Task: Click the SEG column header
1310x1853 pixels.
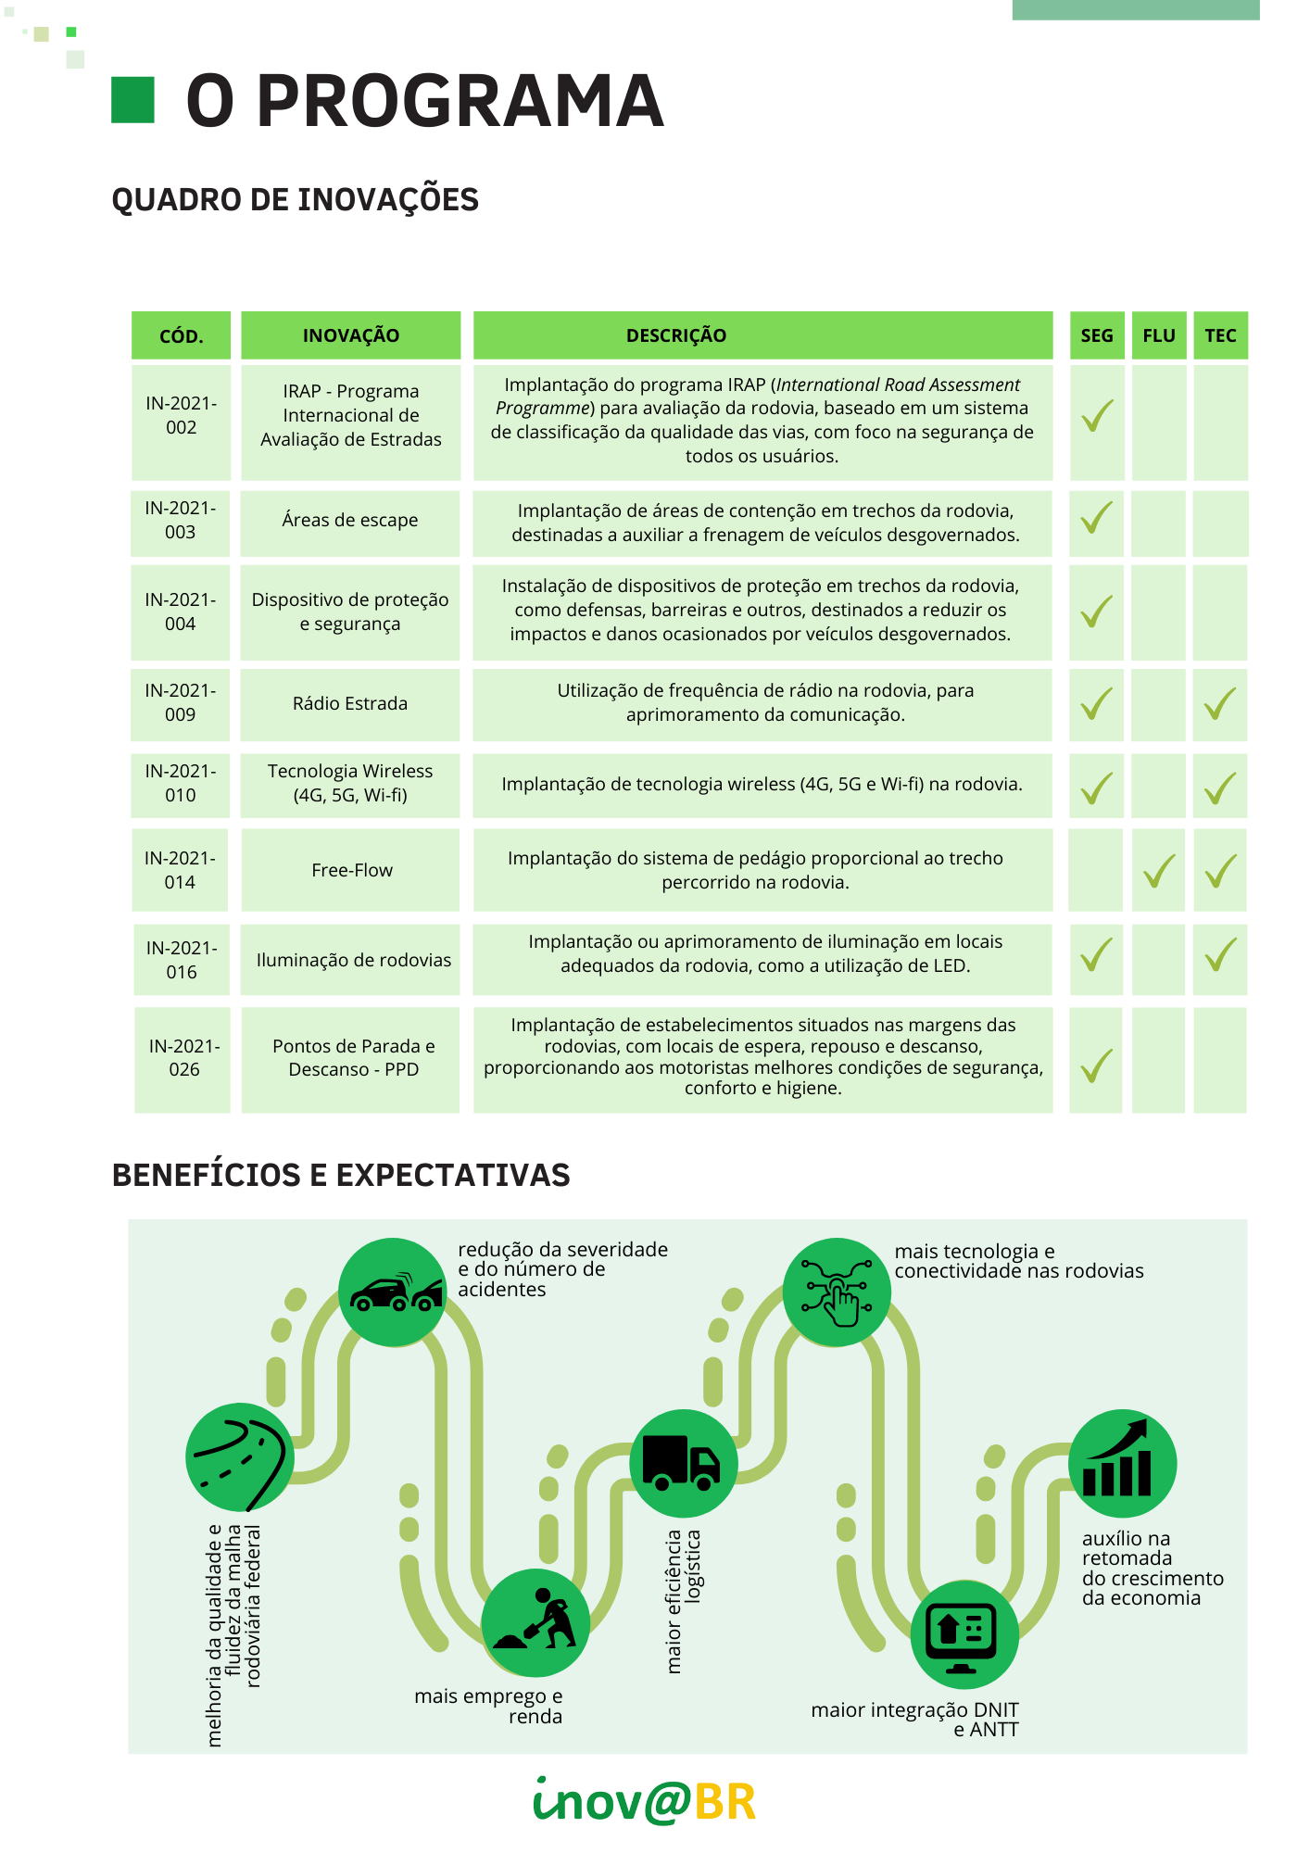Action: point(1097,335)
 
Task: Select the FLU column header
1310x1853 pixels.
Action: point(1159,335)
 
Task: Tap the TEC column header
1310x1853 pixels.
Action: point(1220,335)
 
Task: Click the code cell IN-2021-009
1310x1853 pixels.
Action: point(181,703)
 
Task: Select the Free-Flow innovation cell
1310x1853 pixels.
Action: point(351,870)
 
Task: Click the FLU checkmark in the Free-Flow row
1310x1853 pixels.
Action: point(1159,871)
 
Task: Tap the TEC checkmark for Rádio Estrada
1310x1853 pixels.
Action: point(1220,704)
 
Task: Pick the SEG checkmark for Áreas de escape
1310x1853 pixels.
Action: point(1097,518)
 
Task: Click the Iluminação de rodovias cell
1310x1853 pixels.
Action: point(353,960)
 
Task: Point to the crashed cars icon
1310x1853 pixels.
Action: point(393,1292)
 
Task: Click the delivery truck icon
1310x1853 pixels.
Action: point(684,1463)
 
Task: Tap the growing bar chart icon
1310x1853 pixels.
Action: point(1122,1463)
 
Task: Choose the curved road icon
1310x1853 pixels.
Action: point(240,1457)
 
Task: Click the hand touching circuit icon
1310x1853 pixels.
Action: point(837,1292)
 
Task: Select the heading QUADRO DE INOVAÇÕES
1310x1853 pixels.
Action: point(295,200)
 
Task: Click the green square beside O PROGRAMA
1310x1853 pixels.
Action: point(132,100)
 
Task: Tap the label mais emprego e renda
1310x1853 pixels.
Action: point(489,1706)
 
